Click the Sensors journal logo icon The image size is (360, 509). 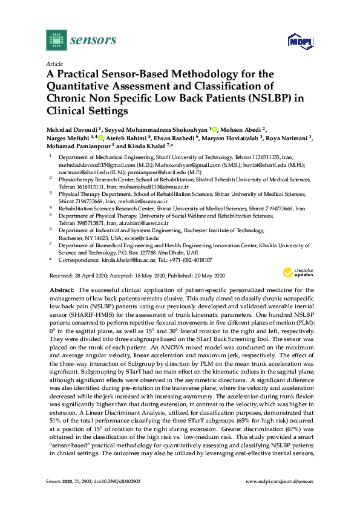[56, 41]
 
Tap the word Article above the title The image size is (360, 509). [54, 63]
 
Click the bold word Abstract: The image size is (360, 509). [61, 291]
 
